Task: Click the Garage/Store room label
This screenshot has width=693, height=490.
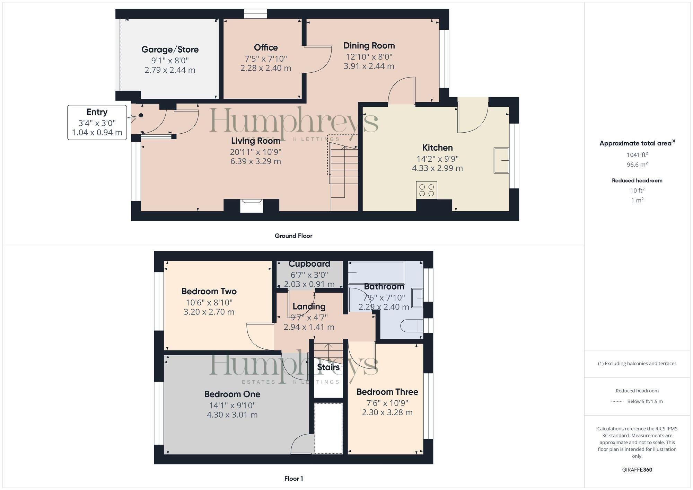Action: pos(170,50)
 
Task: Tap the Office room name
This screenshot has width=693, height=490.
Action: pos(266,47)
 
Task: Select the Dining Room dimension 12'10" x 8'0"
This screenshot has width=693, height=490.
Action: pos(369,57)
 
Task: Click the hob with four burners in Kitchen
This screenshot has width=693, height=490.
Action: pos(427,190)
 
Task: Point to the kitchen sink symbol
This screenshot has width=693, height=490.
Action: pos(501,160)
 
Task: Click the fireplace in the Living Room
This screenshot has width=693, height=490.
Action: pos(252,206)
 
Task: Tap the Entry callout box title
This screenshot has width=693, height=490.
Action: pos(97,112)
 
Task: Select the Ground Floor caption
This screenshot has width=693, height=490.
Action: pos(293,236)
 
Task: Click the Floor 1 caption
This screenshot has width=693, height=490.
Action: pos(293,479)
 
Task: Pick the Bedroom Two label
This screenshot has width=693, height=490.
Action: pos(209,291)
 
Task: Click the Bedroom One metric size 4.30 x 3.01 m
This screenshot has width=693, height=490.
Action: pos(232,415)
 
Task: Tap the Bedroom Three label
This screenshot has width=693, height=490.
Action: pos(387,392)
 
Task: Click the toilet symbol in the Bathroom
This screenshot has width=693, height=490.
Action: pos(412,326)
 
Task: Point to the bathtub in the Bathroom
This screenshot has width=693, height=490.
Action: pos(376,273)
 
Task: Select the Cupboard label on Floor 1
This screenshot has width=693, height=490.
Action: pos(309,264)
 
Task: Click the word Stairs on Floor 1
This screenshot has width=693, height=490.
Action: pos(328,367)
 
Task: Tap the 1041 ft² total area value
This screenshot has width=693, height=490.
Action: pos(637,155)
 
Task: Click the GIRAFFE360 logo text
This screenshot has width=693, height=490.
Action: pos(637,470)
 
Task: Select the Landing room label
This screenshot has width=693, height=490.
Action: pos(309,306)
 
